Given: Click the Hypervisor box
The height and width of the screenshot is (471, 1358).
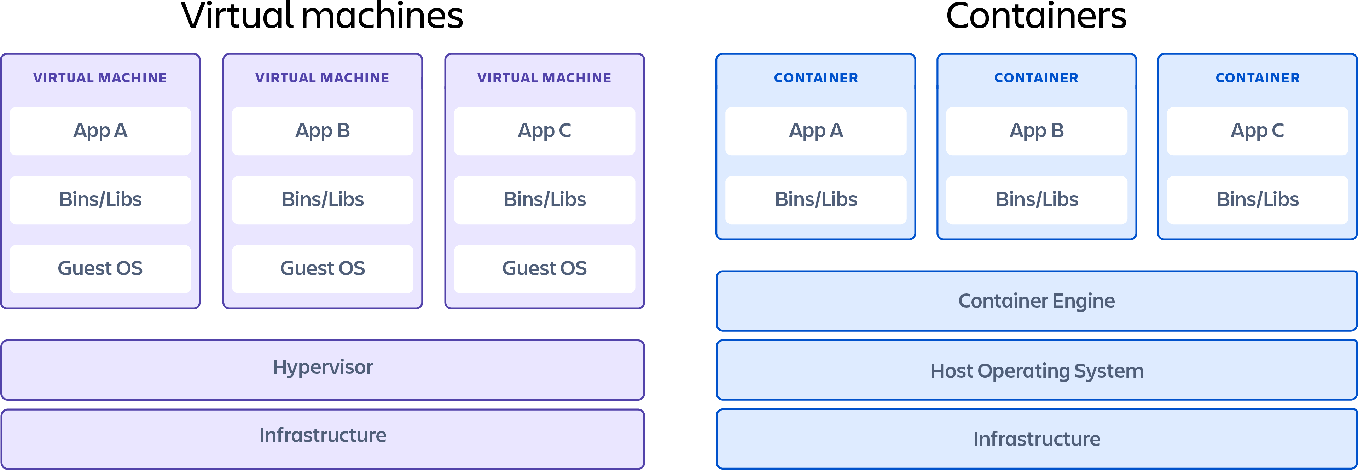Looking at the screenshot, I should click(x=323, y=369).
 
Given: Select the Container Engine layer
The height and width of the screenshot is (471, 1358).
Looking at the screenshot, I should click(x=1037, y=301).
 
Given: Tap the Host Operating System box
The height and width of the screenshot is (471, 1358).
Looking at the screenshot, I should click(x=1037, y=370).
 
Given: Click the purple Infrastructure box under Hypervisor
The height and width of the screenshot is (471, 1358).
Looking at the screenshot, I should click(x=323, y=438).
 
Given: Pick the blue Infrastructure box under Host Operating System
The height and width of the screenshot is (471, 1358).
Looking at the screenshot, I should click(x=1037, y=438).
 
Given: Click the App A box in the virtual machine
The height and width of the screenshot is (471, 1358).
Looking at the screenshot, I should click(x=100, y=131).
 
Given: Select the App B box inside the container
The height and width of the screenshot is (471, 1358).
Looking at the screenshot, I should click(x=1037, y=131).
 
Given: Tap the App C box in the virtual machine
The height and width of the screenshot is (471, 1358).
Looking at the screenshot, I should click(x=545, y=131).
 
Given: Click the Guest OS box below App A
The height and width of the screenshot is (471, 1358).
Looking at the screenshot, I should click(x=100, y=269).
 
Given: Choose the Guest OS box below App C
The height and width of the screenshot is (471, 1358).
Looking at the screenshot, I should click(x=545, y=269).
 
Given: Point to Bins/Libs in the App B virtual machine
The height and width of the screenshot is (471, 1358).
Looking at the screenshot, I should click(x=323, y=200).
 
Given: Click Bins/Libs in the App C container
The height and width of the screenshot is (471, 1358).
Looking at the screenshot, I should click(x=1257, y=200).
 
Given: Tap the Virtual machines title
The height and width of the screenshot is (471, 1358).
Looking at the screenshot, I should click(x=322, y=17).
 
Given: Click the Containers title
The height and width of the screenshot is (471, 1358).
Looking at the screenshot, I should click(x=1037, y=17).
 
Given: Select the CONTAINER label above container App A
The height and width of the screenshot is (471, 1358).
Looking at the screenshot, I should click(x=816, y=78).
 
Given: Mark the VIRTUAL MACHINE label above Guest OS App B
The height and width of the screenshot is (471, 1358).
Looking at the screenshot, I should click(x=323, y=78).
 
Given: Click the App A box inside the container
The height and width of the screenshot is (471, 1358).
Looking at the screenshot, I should click(x=816, y=131).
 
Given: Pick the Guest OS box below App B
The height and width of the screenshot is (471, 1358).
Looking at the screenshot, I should click(x=323, y=269).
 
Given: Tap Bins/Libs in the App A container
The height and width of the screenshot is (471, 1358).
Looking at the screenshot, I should click(x=816, y=200).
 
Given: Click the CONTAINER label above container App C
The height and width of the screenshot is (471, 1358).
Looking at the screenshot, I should click(x=1257, y=78).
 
